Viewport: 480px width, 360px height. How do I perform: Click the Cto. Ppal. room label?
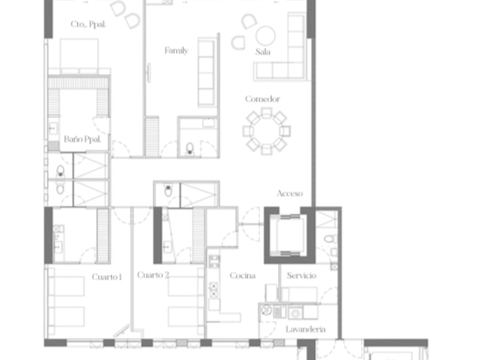pos(88,24)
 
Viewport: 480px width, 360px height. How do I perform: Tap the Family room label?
pos(177,50)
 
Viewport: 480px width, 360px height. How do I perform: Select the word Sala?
pos(263,52)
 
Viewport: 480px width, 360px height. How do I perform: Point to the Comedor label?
pos(263,99)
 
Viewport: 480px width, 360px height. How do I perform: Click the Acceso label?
pos(290,194)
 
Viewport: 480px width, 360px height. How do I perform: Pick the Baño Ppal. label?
pos(82,139)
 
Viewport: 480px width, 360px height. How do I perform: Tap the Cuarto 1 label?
pos(107,277)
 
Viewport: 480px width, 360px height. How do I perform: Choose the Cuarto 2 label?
pos(153,275)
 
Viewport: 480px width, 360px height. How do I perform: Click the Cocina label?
pos(243,275)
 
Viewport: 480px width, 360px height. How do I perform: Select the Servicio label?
pos(302,275)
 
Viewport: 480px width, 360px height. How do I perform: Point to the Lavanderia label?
pos(306,329)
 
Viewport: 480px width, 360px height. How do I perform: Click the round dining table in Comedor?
pos(266,131)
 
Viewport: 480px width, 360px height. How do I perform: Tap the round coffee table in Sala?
pos(265,35)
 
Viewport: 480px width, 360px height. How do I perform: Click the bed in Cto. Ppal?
pos(79,56)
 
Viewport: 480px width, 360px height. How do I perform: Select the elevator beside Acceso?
pos(290,235)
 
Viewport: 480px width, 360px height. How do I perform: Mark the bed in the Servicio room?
pos(299,294)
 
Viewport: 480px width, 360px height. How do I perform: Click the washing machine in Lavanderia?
pos(295,313)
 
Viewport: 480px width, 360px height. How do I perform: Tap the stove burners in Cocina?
pos(213,290)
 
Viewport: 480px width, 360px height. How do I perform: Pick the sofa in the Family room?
pos(207,72)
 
